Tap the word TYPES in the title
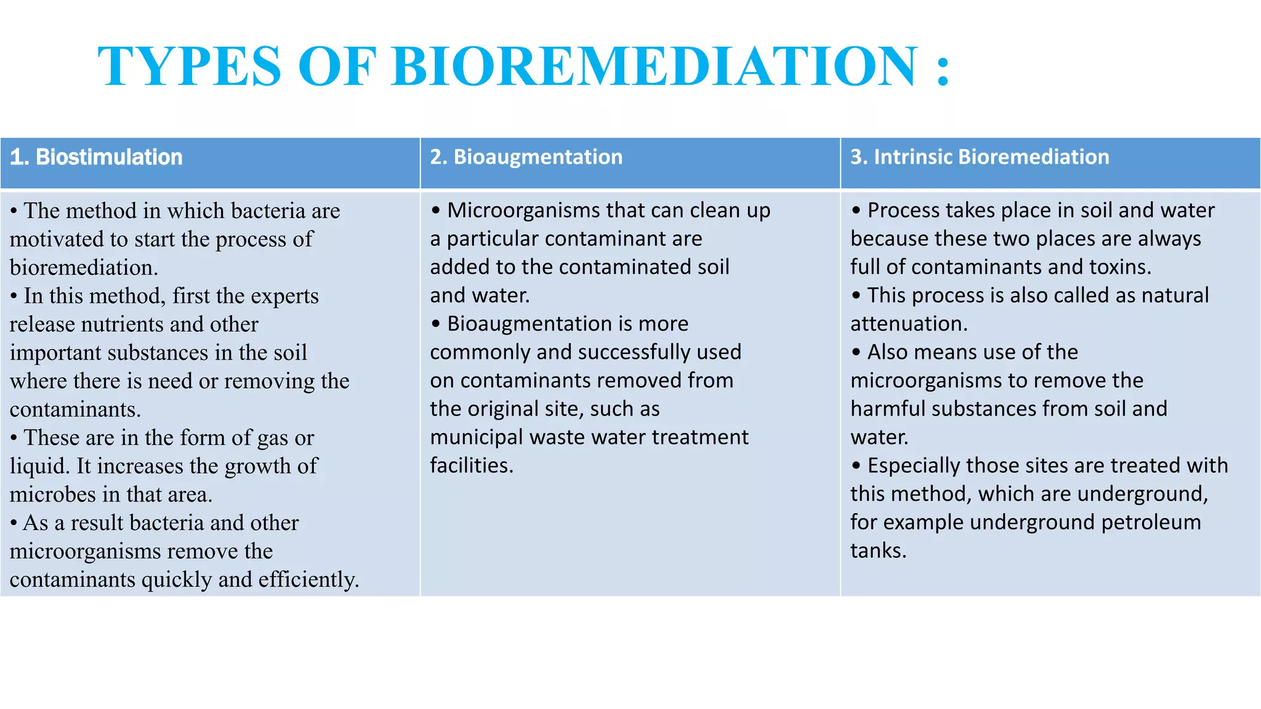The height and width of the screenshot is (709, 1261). coord(189,66)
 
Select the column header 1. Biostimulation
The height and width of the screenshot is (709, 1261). coord(97,157)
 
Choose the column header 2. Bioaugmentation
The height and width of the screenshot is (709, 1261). coord(526,157)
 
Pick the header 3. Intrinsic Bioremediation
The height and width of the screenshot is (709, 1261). coord(980,157)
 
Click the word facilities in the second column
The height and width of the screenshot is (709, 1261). coord(470,466)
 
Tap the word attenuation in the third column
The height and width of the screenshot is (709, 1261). coord(908,324)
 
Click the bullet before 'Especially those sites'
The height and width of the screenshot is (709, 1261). coord(856,466)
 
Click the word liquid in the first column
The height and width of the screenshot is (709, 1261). coord(38,467)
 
